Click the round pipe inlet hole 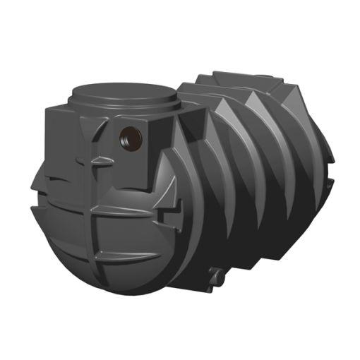pos(130,136)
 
